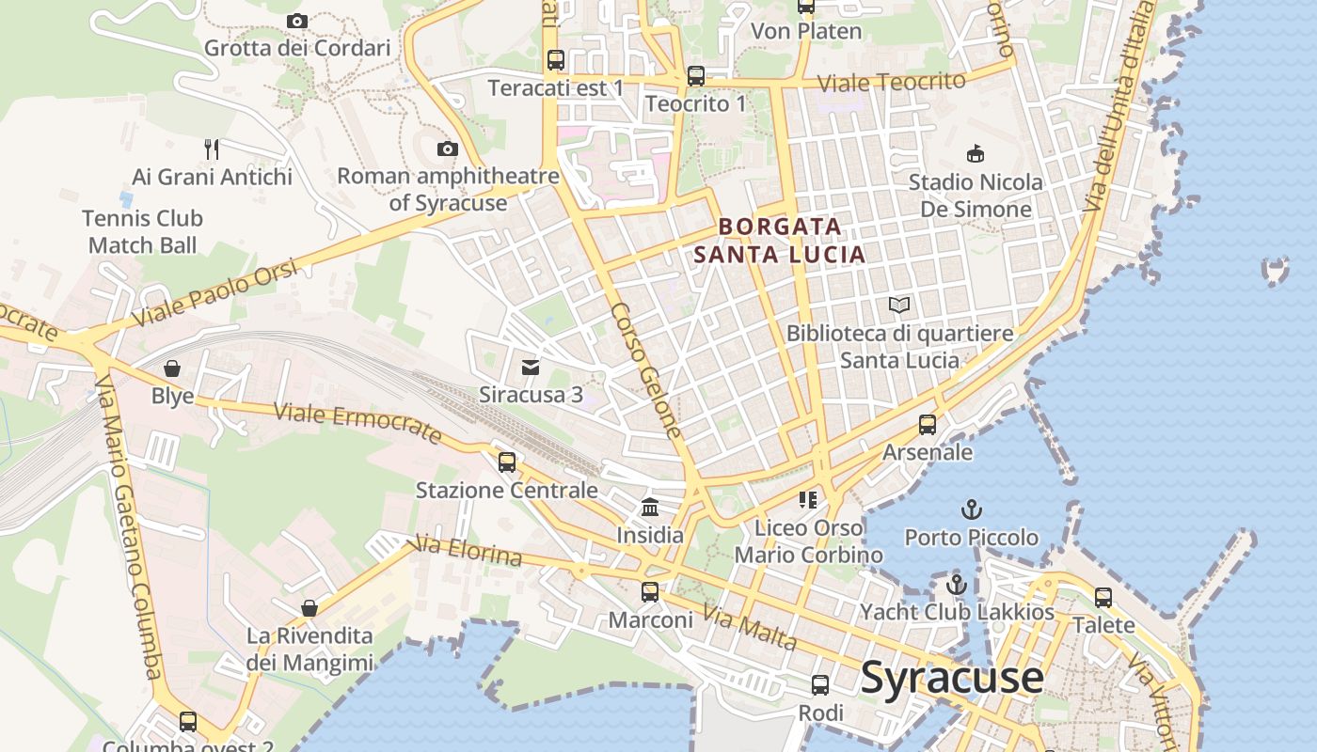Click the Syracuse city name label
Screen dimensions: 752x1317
tap(952, 678)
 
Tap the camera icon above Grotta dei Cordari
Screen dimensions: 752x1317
tap(297, 21)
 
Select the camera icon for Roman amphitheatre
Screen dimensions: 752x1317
tap(448, 149)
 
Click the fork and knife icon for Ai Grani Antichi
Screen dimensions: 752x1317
tap(212, 149)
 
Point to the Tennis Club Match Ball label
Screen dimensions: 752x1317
tap(142, 231)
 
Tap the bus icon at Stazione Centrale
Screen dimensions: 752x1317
tap(507, 462)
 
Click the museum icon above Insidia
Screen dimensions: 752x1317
tap(649, 508)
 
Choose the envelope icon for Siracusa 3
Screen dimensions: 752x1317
tap(531, 367)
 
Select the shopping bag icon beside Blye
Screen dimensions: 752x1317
tap(172, 368)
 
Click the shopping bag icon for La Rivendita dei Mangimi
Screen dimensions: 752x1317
tap(309, 608)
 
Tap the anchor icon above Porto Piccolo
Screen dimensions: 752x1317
tap(971, 509)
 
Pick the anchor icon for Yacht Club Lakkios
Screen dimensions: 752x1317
tap(957, 584)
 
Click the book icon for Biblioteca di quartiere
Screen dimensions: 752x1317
tap(899, 305)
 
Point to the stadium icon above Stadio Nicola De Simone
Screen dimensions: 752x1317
tap(976, 153)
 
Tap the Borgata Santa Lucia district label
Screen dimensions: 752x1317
tap(779, 241)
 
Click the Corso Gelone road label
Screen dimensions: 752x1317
tap(645, 370)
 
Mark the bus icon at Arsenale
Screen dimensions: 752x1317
tap(928, 425)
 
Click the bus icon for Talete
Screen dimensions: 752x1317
tap(1103, 597)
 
